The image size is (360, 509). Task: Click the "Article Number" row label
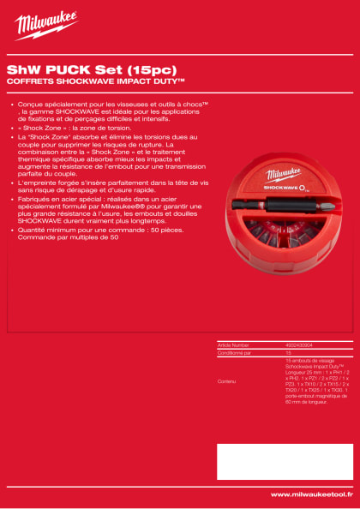pyautogui.click(x=234, y=344)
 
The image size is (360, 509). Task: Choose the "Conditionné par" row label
pyautogui.click(x=236, y=352)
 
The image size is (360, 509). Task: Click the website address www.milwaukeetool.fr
pyautogui.click(x=312, y=494)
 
